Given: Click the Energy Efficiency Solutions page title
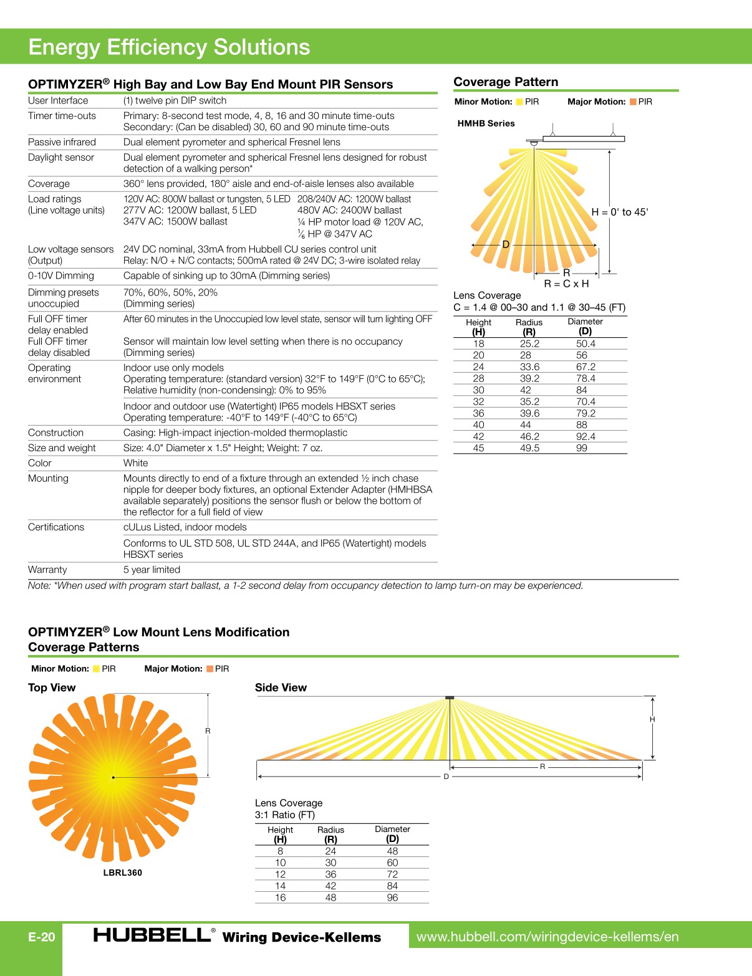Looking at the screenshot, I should tap(169, 47).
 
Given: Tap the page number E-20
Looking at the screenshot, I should tap(42, 937).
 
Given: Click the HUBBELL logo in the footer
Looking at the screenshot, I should tap(152, 935).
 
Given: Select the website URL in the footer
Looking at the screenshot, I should tap(547, 937).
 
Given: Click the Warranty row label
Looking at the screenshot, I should tap(47, 570).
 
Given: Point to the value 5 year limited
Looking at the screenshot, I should tap(152, 570).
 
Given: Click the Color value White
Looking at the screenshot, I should tap(135, 463).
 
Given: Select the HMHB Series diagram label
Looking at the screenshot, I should tap(486, 123).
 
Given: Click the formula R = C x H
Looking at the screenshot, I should tap(566, 284).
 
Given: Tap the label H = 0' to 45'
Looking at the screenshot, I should tap(619, 212).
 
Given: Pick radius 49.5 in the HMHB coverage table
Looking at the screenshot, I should tap(529, 448).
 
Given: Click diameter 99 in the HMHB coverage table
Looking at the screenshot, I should tap(581, 448).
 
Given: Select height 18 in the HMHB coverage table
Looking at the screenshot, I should tap(478, 343).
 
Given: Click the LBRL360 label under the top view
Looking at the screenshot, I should tap(122, 873).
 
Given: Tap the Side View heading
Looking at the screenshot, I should tap(281, 687).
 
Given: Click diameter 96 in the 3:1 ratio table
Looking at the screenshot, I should tap(392, 897).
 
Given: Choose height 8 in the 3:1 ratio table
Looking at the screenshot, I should tap(280, 851).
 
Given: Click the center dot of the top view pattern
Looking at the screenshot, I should tap(113, 777).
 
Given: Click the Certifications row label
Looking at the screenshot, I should tap(56, 527).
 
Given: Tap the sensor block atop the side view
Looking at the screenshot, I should tap(450, 697).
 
